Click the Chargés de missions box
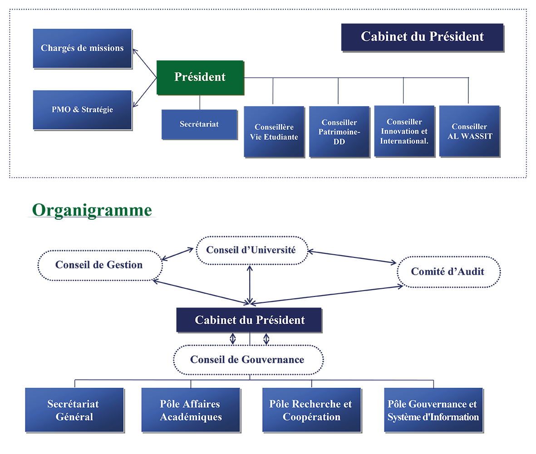[82, 48]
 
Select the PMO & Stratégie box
[82, 110]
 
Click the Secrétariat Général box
[74, 410]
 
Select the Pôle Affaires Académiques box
[191, 410]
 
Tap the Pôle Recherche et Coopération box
[311, 410]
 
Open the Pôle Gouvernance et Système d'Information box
[433, 410]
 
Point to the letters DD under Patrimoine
[339, 142]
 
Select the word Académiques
[191, 417]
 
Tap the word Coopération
[311, 417]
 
